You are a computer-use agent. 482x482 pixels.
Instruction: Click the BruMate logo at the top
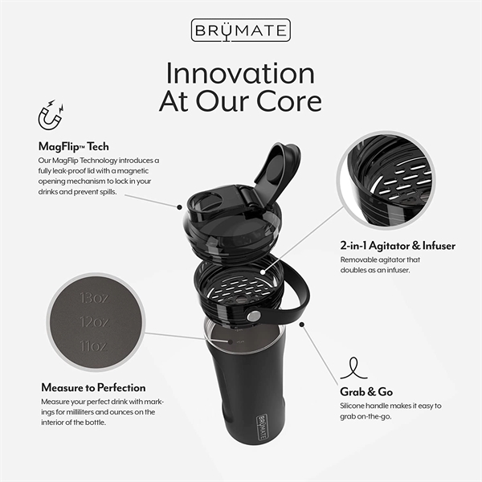[x=240, y=31]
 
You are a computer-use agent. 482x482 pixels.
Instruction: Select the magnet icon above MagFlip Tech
[x=51, y=117]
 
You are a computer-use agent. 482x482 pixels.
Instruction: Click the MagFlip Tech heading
[x=74, y=146]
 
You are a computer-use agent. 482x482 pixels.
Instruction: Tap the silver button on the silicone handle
[x=254, y=317]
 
